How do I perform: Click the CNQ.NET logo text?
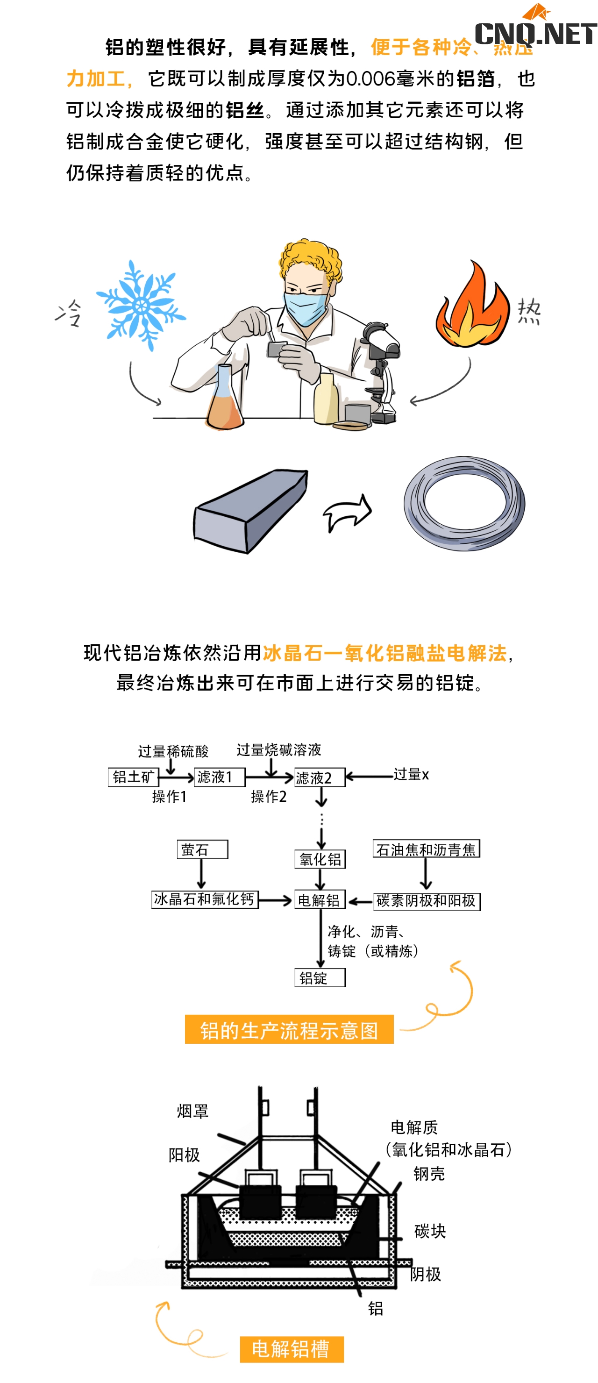536,33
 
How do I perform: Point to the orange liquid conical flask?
224,400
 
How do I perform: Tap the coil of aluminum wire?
464,503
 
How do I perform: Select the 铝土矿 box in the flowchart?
133,777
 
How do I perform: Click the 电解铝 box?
320,900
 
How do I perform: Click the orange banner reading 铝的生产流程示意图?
289,1030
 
